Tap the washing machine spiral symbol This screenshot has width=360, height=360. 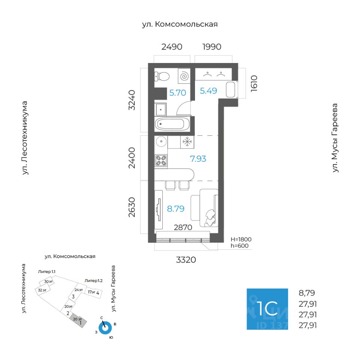pyautogui.click(x=184, y=76)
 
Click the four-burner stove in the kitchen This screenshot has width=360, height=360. pyautogui.click(x=161, y=161)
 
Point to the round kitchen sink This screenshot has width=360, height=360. pyautogui.click(x=161, y=141)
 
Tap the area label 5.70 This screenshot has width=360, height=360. pyautogui.click(x=177, y=93)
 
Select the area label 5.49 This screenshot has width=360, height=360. pyautogui.click(x=208, y=91)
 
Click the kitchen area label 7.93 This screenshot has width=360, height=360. pyautogui.click(x=198, y=159)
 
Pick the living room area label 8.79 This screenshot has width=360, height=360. pyautogui.click(x=175, y=209)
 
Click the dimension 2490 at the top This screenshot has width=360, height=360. pyautogui.click(x=172, y=47)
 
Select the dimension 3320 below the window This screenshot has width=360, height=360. pyautogui.click(x=186, y=259)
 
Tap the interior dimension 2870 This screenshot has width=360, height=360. pyautogui.click(x=183, y=227)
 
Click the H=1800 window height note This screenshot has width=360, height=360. pyautogui.click(x=241, y=239)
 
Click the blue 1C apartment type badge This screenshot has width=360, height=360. pyautogui.click(x=267, y=309)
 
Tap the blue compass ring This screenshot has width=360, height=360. pyautogui.click(x=106, y=328)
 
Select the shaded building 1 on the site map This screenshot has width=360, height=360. pyautogui.click(x=79, y=320)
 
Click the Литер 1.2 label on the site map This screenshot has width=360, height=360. pyautogui.click(x=93, y=280)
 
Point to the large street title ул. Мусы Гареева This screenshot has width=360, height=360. pyautogui.click(x=335, y=138)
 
